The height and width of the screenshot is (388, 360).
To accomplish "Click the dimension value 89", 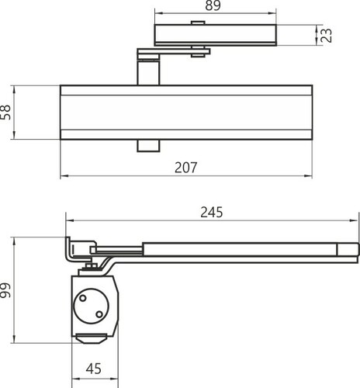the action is [213, 5].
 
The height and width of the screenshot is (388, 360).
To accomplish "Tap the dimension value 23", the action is [327, 36].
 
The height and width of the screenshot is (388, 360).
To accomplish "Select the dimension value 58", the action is [5, 113].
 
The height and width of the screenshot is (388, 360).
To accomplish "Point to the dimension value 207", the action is [186, 168].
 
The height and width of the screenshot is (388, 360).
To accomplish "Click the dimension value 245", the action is [212, 213].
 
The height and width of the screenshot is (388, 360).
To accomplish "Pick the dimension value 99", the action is [5, 290].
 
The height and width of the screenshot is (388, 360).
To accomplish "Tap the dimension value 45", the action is [94, 369].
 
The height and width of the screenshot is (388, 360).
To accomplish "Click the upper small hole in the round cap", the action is [83, 298].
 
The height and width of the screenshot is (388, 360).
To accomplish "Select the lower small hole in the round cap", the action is [99, 314].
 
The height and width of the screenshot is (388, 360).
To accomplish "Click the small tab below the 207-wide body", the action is [148, 146].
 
